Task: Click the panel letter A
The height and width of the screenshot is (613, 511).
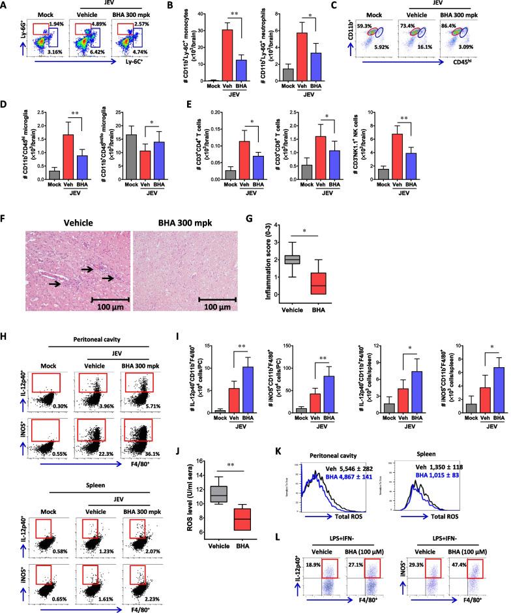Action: coord(5,5)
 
